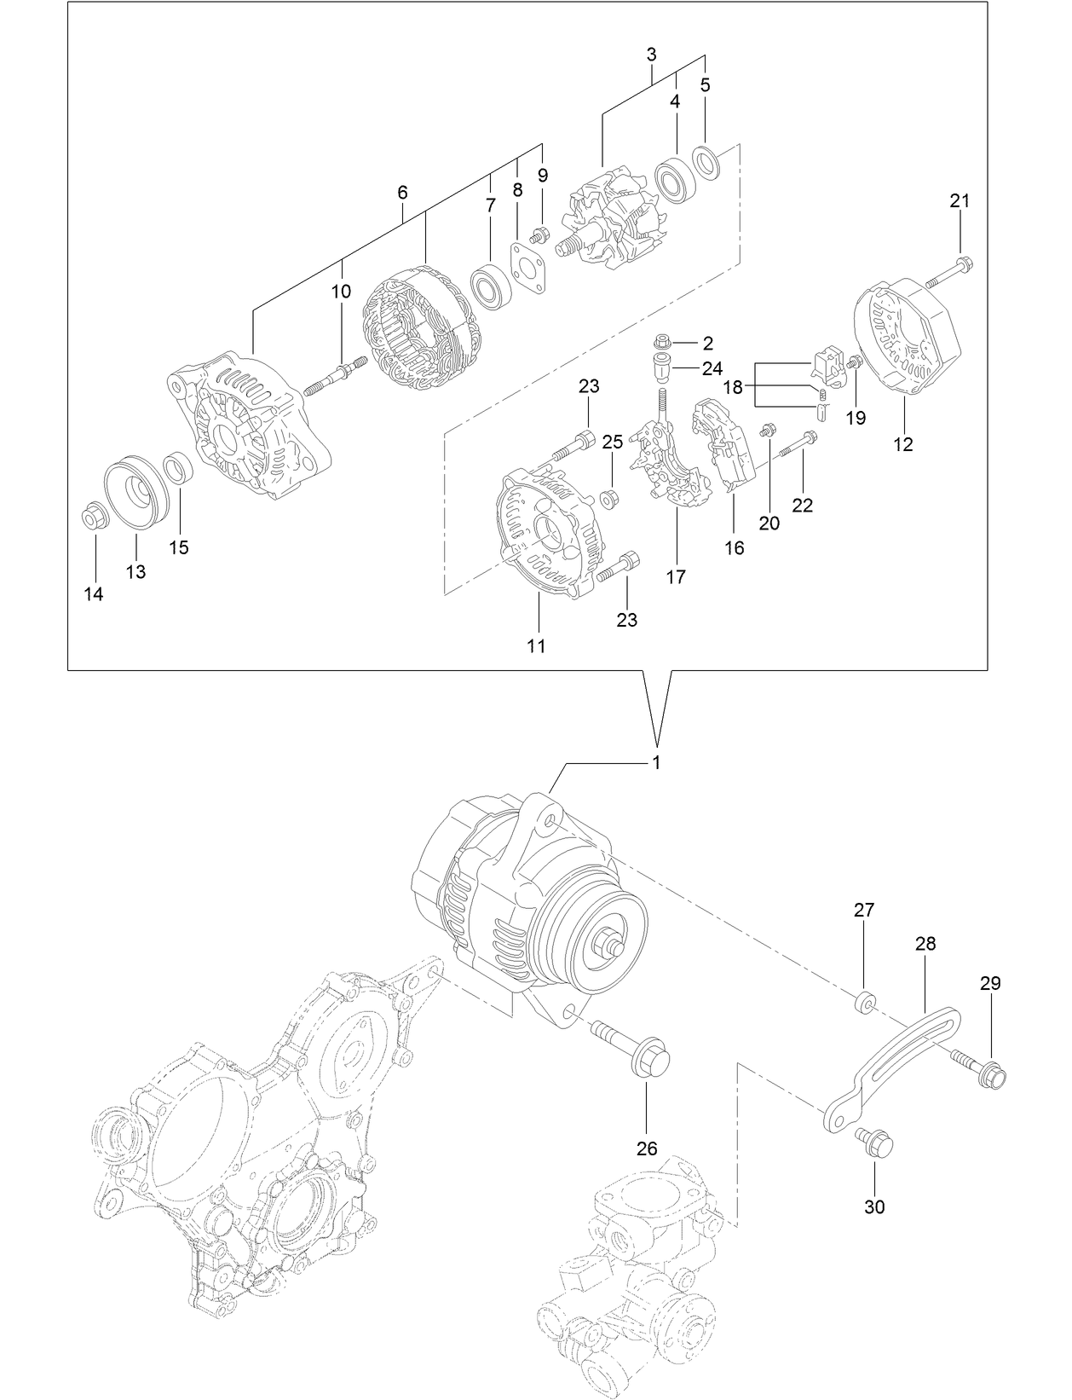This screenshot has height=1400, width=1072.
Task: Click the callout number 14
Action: pyautogui.click(x=94, y=594)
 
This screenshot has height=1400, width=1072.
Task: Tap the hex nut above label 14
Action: pyautogui.click(x=93, y=517)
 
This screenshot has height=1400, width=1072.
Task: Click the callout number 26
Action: pyautogui.click(x=647, y=1148)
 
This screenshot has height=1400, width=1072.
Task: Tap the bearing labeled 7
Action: pyautogui.click(x=490, y=286)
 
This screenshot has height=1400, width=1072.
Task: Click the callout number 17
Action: pyautogui.click(x=676, y=577)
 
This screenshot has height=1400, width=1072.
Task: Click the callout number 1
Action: pyautogui.click(x=657, y=762)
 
